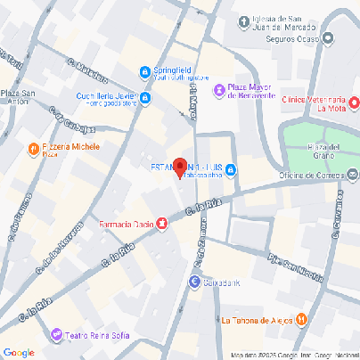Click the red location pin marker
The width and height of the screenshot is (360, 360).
[179, 168]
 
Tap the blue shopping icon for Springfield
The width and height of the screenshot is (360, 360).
[145, 72]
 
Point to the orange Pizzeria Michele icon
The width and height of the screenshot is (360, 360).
[34, 149]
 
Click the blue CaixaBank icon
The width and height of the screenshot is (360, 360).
[194, 282]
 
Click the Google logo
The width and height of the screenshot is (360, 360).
[19, 352]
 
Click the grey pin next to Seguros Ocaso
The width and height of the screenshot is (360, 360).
[328, 39]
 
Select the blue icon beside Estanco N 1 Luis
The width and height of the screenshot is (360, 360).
[231, 170]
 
